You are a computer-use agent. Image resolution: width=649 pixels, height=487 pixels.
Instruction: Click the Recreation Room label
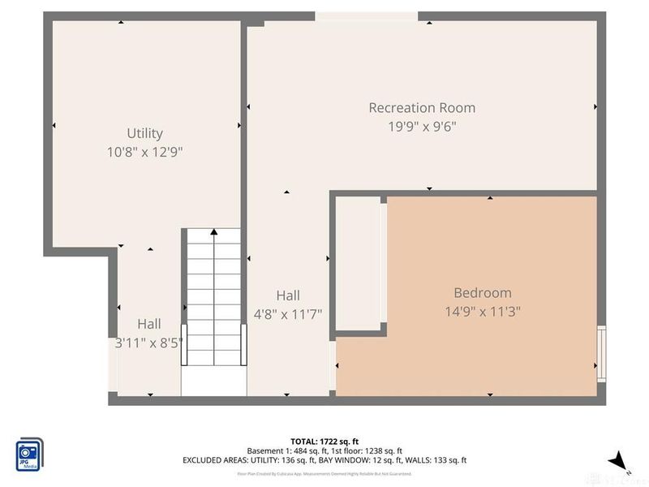coord(422,108)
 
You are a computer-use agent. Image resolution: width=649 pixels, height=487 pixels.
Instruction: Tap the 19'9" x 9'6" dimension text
coord(422,127)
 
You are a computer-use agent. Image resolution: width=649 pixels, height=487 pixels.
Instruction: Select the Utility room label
coord(144,133)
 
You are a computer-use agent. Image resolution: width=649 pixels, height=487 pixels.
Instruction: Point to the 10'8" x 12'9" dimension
coord(144,152)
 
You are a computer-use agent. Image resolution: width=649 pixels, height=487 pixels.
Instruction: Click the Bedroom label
coord(482,293)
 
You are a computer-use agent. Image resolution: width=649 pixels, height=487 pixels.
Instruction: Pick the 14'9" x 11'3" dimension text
coord(482,312)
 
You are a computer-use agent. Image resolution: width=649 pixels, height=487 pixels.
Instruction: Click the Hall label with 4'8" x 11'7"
coord(287,295)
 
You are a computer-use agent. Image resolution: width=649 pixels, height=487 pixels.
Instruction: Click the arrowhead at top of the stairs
coord(213,232)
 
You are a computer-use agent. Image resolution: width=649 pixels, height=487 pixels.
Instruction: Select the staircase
coord(213,308)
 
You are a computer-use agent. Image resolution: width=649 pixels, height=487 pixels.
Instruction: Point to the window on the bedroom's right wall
coord(601,353)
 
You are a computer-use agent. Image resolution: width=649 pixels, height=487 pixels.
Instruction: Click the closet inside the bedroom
coord(357,264)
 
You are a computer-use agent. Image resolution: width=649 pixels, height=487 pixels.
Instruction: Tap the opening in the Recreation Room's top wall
coord(366,16)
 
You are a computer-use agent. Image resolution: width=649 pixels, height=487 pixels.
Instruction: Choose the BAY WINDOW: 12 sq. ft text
coord(362,460)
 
